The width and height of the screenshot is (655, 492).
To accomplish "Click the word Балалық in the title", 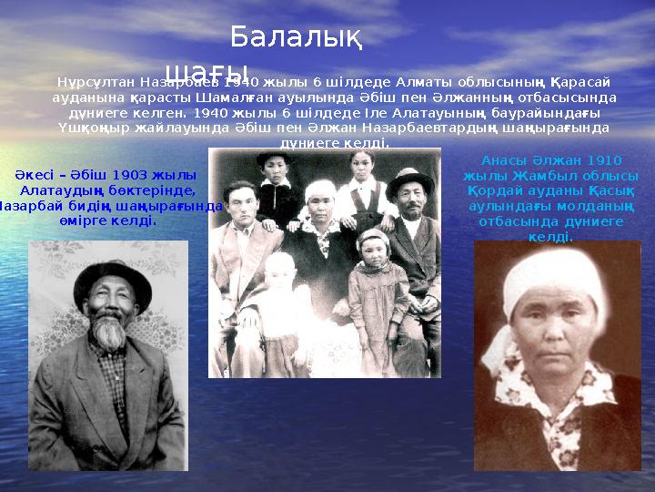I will (297, 37).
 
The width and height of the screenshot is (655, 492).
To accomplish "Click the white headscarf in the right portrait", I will (554, 279).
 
